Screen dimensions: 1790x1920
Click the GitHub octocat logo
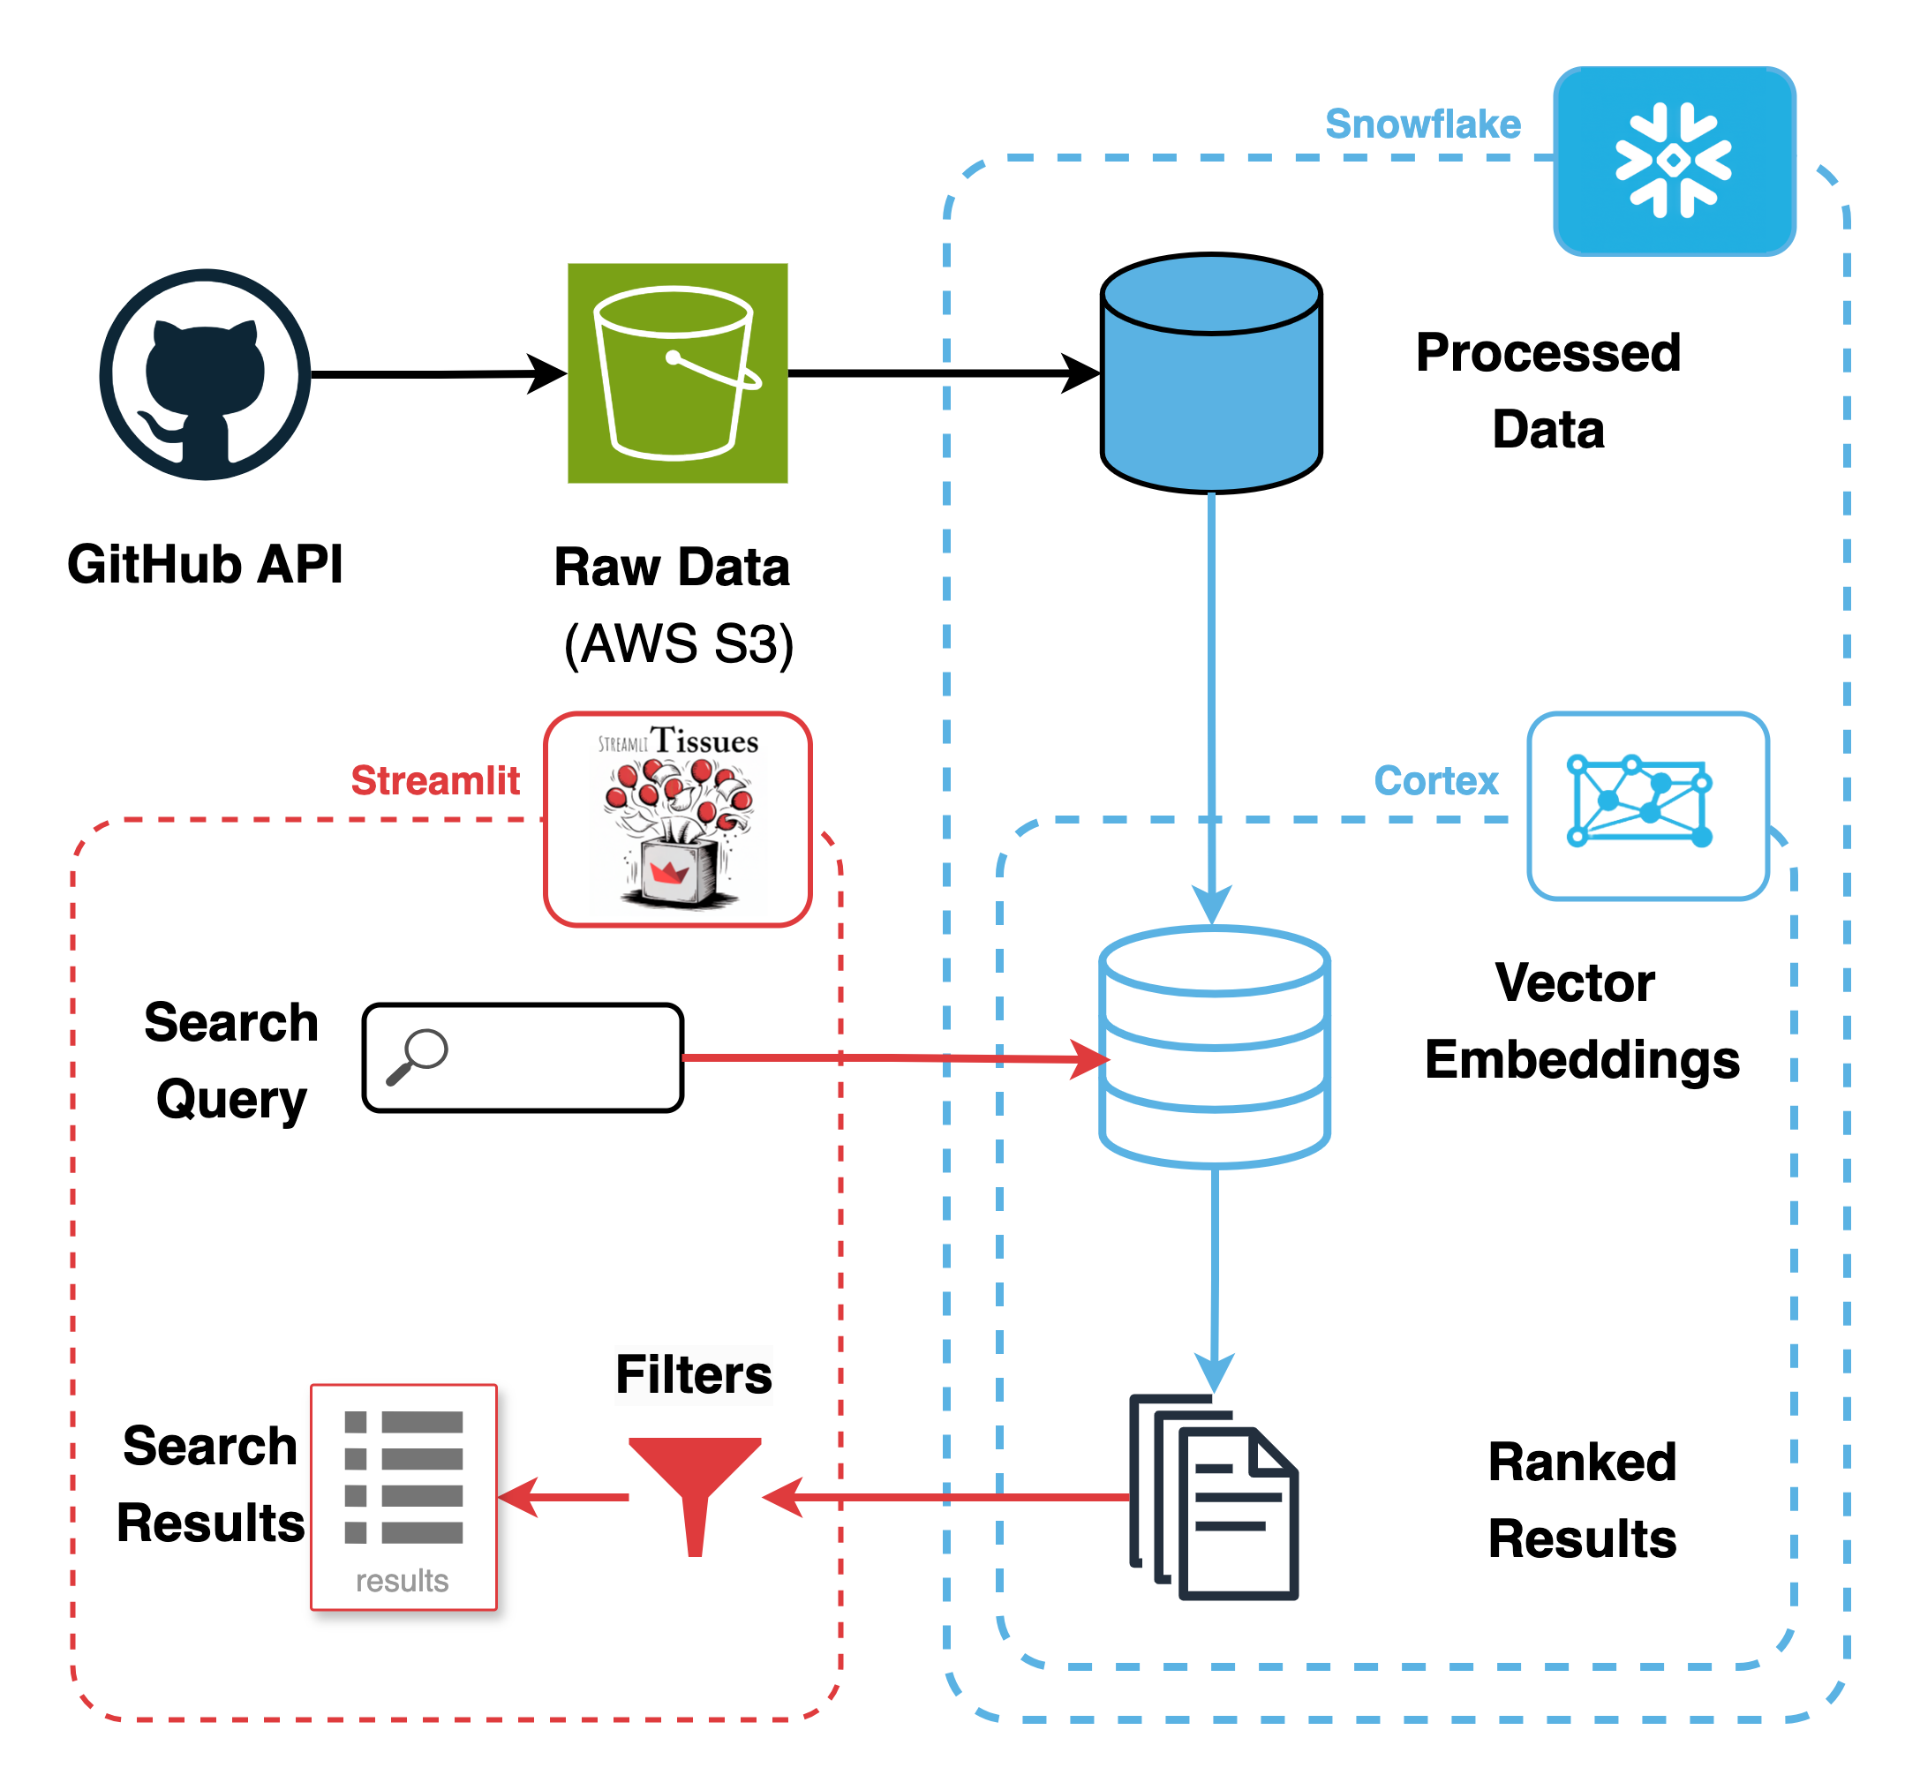click(205, 374)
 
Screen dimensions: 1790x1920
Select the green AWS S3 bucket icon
click(677, 372)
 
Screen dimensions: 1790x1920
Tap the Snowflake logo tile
click(1674, 161)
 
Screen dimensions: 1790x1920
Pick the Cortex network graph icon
click(1646, 805)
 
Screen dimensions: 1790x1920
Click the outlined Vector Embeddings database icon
click(1214, 1047)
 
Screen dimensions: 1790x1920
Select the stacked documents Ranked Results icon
click(1214, 1496)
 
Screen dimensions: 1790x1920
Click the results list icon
click(403, 1496)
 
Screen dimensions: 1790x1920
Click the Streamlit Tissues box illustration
click(677, 819)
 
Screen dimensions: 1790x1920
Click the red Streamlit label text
click(434, 780)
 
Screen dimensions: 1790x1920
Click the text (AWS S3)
click(678, 643)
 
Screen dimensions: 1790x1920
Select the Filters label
click(694, 1374)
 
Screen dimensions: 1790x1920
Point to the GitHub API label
click(205, 564)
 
